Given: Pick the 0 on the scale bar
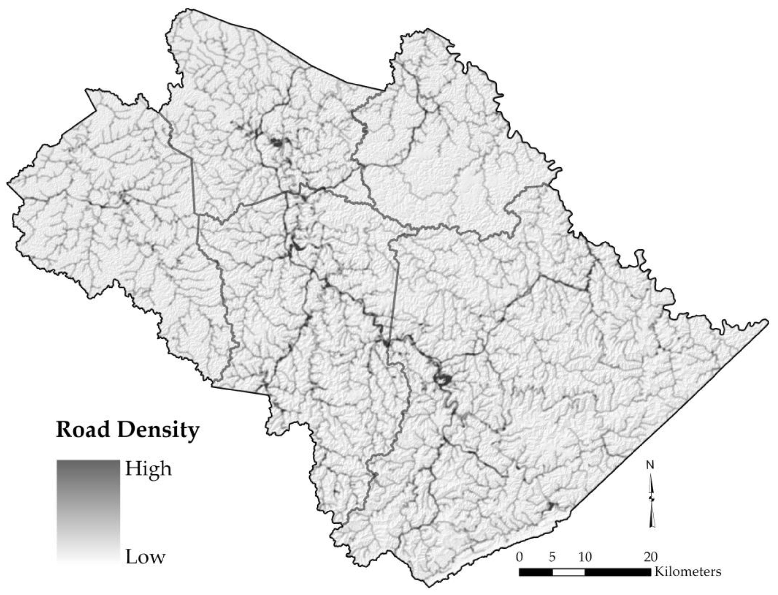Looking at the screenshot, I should [x=519, y=557].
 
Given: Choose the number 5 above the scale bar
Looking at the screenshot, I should [x=552, y=557].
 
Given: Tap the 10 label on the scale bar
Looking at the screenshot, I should [x=585, y=557].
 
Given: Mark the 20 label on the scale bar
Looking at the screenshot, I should [x=650, y=557].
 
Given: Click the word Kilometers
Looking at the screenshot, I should [x=688, y=572].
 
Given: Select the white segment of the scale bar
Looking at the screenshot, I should [x=569, y=572].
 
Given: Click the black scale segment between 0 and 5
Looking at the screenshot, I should [x=535, y=572].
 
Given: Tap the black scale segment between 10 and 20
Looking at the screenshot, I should [x=618, y=572].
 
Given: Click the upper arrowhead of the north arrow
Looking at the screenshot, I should [x=651, y=483].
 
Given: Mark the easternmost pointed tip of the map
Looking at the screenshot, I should [x=767, y=321].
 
